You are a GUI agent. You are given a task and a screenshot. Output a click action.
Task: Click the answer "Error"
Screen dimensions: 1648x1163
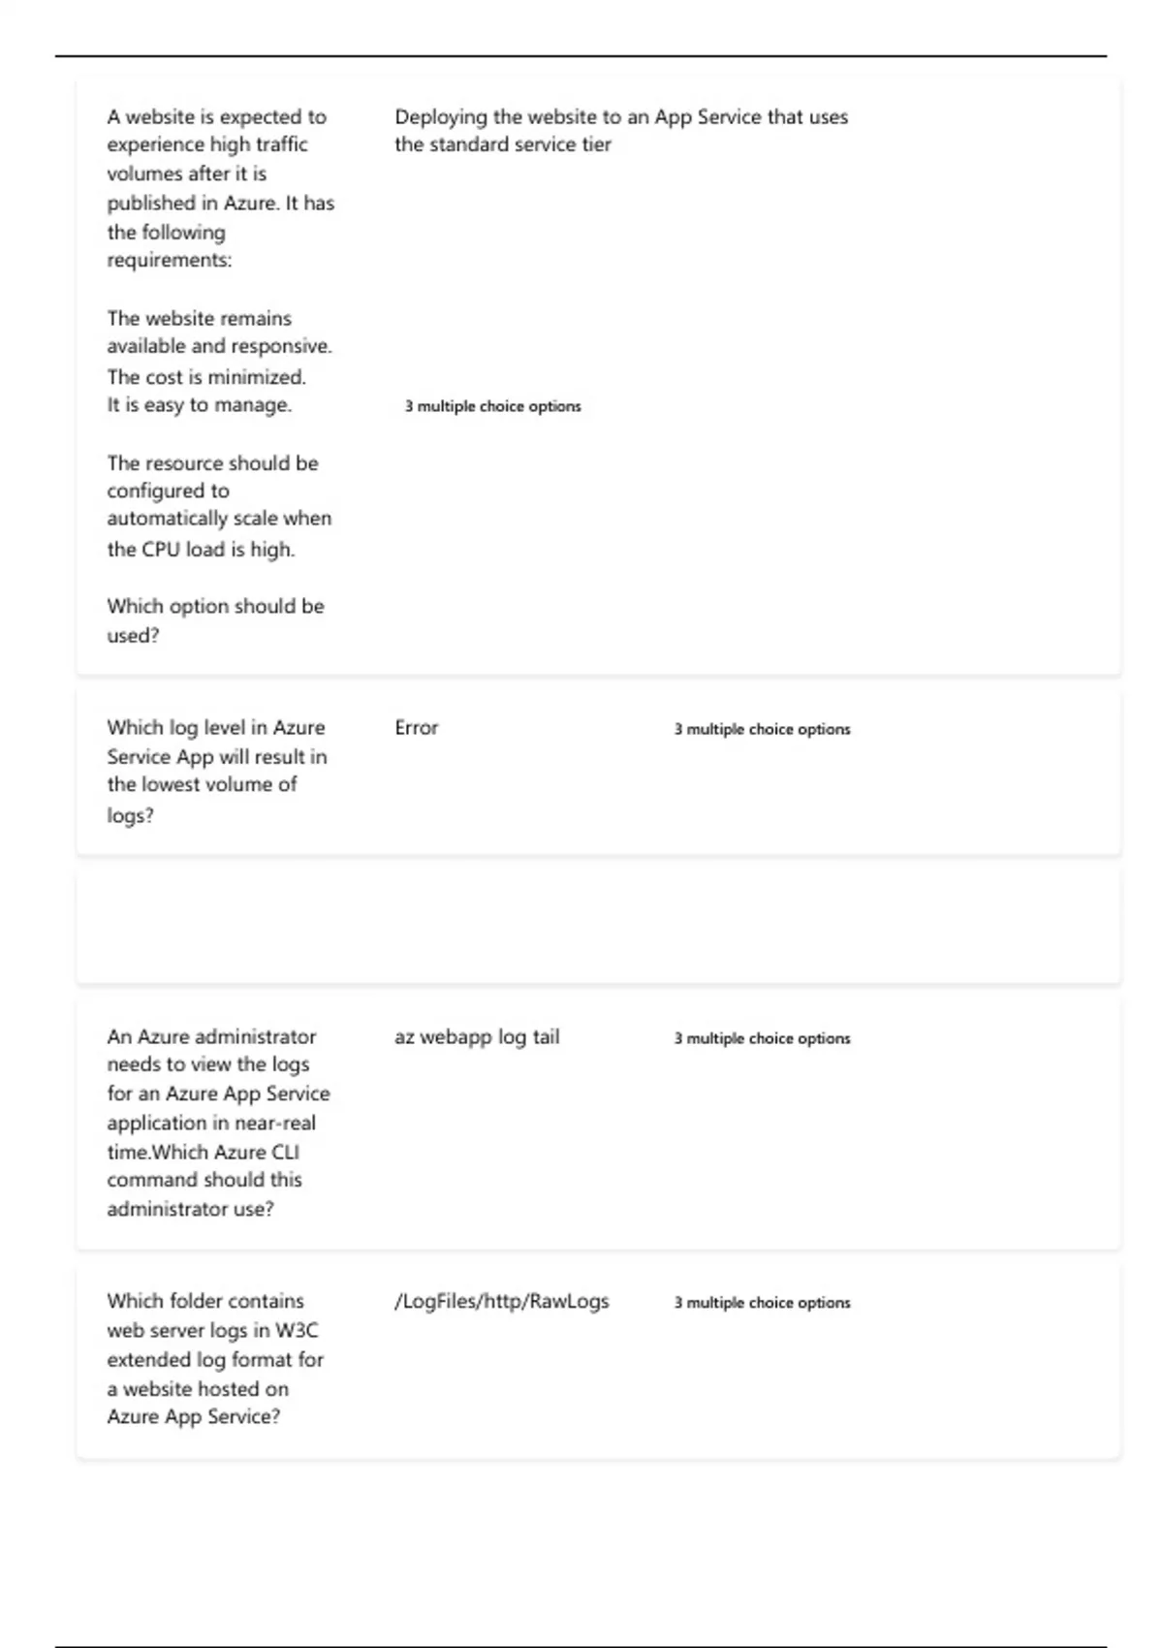(416, 728)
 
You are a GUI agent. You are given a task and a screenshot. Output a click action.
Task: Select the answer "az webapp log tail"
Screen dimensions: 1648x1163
(477, 1037)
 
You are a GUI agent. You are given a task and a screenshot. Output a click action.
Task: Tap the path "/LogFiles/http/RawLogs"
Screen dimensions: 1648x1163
(501, 1302)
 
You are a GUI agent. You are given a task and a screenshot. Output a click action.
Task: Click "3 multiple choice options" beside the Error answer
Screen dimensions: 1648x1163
(762, 729)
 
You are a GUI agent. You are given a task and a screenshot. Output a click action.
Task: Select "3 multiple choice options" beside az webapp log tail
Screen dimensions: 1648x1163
(762, 1038)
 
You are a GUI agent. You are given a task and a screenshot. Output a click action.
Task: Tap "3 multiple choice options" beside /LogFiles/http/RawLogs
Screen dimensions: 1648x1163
(762, 1303)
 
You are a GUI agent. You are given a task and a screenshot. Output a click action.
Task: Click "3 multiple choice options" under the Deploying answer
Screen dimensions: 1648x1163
(492, 406)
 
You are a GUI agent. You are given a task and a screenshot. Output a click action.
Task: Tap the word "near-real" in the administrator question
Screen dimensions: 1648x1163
(275, 1124)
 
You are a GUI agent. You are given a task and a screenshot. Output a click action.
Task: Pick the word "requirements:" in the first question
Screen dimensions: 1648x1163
(170, 261)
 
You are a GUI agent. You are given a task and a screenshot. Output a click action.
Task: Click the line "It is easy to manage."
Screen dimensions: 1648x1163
(199, 405)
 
